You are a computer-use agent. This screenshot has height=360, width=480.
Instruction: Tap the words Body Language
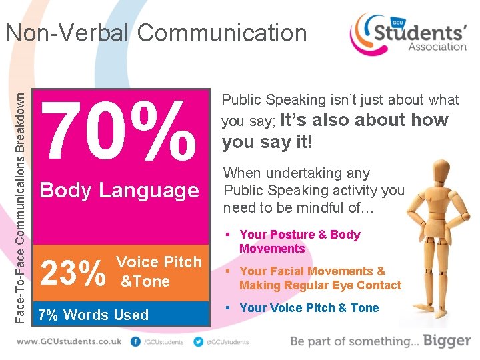point(119,191)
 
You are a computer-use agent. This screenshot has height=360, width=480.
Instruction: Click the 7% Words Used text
point(94,315)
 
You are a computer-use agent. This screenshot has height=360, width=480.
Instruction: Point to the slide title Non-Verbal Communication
point(156,33)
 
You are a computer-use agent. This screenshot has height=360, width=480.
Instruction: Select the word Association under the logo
point(437,47)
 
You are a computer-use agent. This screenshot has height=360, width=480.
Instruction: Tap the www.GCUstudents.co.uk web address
point(70,341)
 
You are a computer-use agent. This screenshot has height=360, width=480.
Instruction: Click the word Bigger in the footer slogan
point(446,341)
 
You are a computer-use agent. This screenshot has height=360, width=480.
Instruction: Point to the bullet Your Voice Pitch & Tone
point(309,308)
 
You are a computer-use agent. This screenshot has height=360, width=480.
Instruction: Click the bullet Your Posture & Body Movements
point(299,241)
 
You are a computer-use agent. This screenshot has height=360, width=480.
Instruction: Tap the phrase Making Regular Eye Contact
point(320,285)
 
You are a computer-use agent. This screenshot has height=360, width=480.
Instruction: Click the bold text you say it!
point(267,142)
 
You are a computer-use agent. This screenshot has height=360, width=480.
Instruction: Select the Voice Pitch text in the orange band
point(159,262)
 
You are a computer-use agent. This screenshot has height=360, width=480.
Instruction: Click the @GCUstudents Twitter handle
point(228,342)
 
